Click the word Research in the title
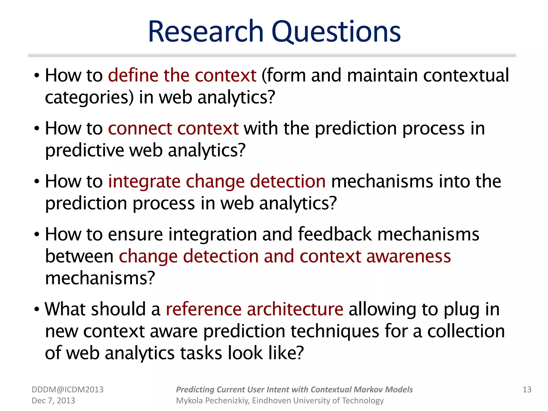click(206, 32)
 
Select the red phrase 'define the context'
click(182, 75)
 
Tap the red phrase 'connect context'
click(173, 128)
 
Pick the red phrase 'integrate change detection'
click(217, 181)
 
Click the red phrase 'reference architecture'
click(254, 309)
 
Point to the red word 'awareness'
click(409, 256)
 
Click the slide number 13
click(527, 390)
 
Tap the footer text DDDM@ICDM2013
click(67, 390)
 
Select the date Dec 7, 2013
click(53, 401)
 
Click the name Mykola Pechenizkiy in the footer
click(213, 401)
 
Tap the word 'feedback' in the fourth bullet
click(335, 234)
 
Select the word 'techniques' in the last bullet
click(335, 331)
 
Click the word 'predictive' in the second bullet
click(85, 150)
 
